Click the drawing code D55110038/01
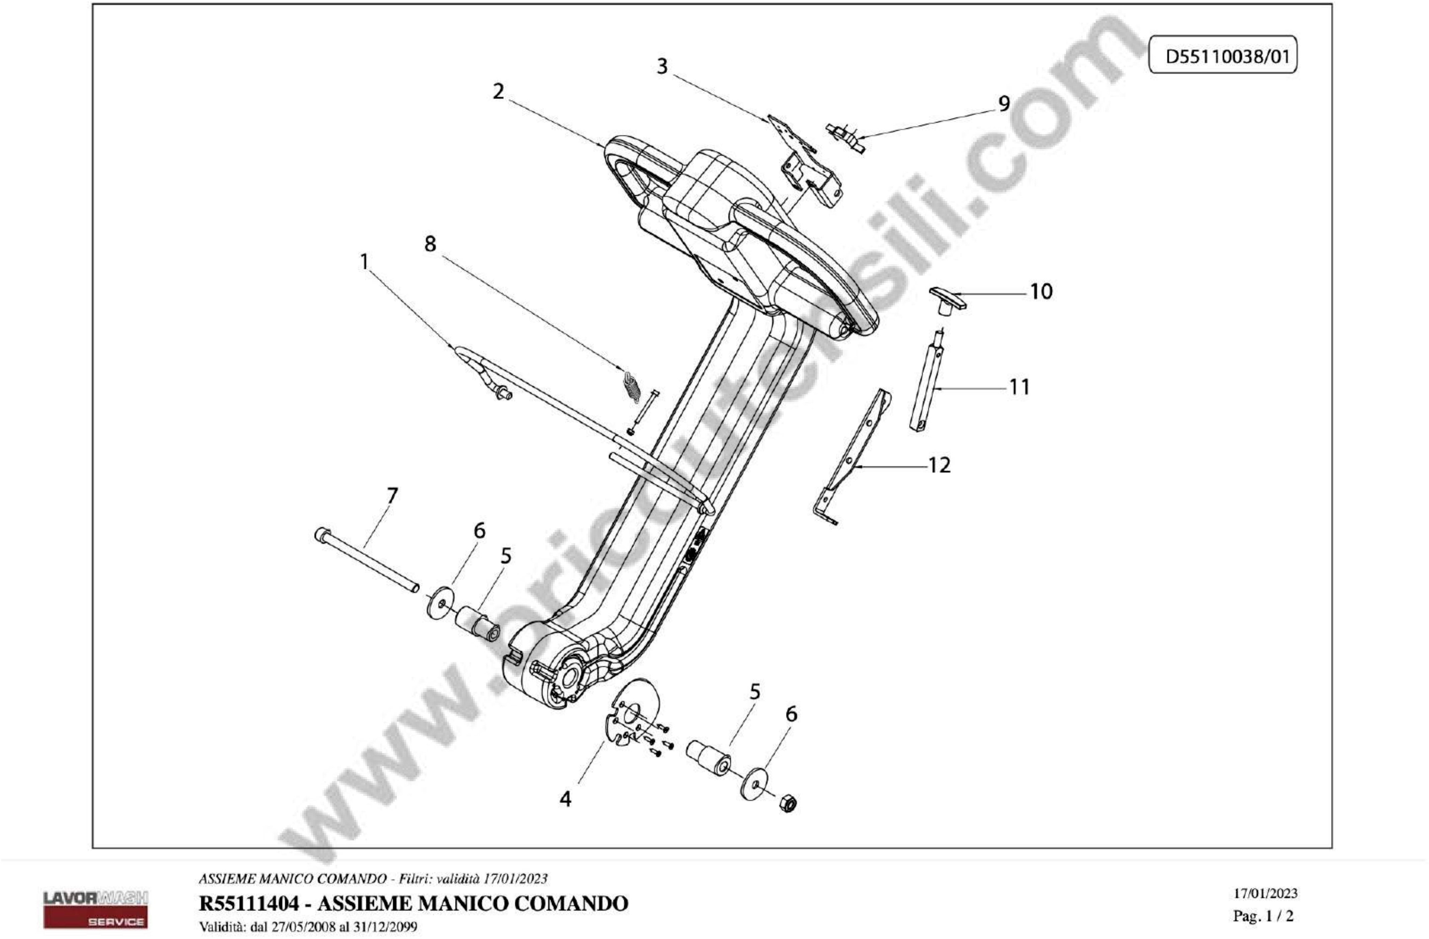[1223, 57]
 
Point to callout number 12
[940, 465]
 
